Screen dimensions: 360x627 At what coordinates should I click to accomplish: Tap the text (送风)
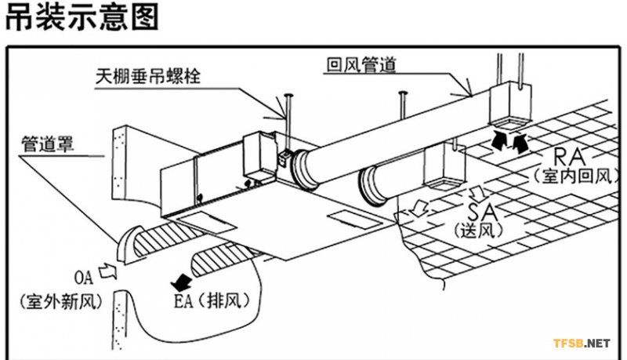point(477,231)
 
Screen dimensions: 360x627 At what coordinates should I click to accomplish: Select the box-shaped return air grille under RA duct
point(506,106)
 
